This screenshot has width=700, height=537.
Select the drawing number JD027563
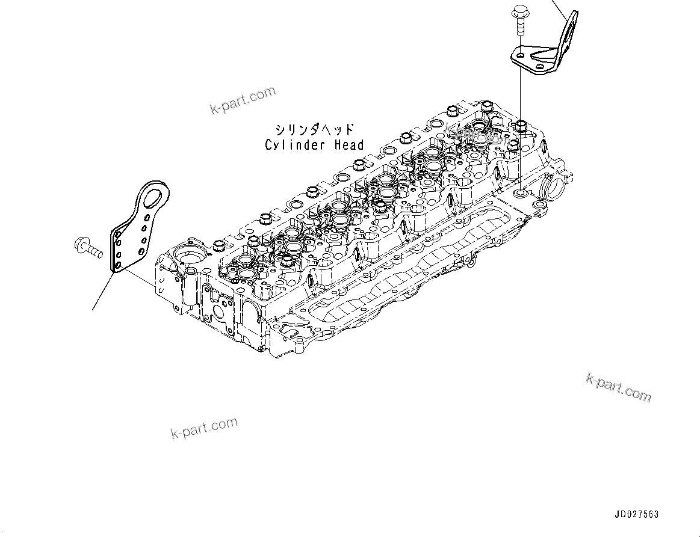tap(636, 515)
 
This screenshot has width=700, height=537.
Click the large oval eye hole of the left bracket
tap(157, 195)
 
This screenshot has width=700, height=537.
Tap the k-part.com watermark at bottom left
tap(204, 428)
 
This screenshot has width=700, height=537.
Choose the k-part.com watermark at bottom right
tap(618, 387)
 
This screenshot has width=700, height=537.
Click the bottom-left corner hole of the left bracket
tap(118, 264)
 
